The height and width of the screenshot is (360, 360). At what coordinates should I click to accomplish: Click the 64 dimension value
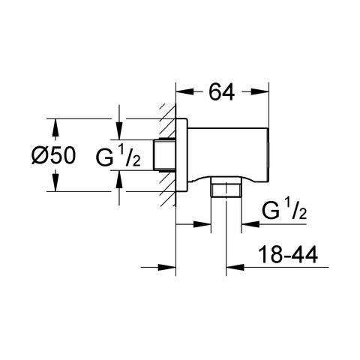tap(222, 92)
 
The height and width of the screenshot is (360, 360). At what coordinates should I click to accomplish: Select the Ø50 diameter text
tap(53, 155)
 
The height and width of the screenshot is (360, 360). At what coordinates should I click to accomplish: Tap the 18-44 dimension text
tap(288, 254)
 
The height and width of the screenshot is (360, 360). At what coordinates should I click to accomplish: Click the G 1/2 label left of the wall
tap(118, 156)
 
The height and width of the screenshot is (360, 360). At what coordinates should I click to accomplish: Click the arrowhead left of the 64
tap(184, 92)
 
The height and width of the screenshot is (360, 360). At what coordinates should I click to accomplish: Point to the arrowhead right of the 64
tap(260, 92)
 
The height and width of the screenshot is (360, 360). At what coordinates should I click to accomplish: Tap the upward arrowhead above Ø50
tap(55, 127)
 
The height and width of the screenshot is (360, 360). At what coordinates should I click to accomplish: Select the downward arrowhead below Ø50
tap(55, 183)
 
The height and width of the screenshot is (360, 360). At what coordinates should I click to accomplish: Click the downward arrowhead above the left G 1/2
tap(119, 131)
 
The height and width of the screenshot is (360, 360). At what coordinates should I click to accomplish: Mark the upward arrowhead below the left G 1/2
tap(119, 179)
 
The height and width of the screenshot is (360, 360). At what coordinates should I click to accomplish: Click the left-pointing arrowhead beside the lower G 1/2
tap(250, 224)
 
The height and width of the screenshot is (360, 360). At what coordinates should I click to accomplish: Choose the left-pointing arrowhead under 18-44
tap(235, 267)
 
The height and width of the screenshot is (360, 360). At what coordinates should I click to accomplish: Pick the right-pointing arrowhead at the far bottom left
tap(167, 267)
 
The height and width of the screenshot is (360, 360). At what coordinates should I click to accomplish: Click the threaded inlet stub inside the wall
tap(164, 155)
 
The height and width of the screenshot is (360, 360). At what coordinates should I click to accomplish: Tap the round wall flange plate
tap(181, 155)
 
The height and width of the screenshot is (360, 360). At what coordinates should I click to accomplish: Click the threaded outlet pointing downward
tap(226, 187)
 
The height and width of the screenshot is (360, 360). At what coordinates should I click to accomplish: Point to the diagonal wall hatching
tap(167, 155)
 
